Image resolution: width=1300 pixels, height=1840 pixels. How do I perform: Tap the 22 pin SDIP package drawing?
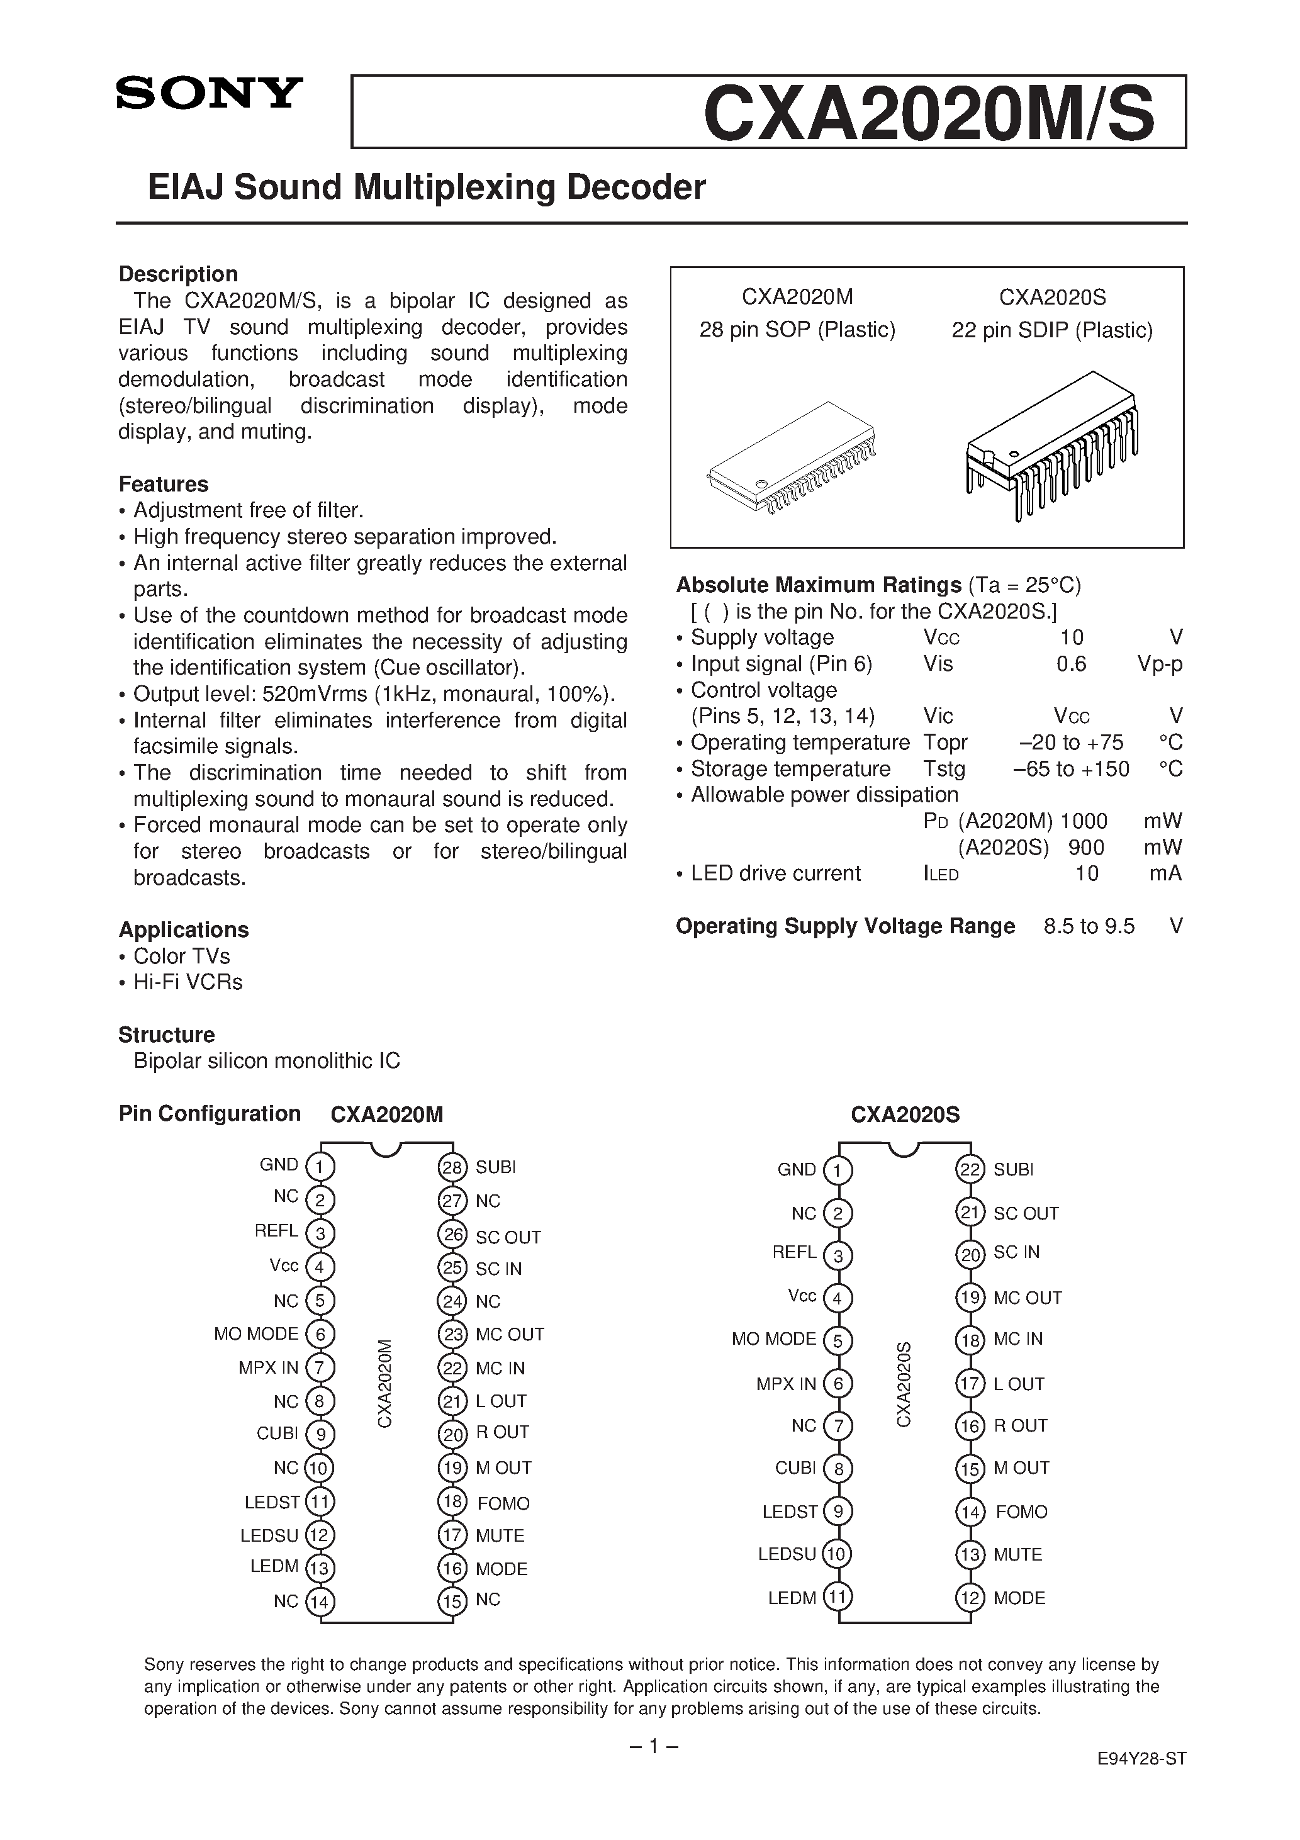pos(1051,444)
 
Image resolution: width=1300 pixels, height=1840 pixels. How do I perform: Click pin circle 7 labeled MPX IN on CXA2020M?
pos(320,1368)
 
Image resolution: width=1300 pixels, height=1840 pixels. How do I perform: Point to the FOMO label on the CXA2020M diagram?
pos(503,1503)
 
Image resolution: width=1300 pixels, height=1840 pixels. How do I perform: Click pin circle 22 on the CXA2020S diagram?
pos(970,1169)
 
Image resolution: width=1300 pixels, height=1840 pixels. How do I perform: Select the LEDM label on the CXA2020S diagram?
pos(792,1598)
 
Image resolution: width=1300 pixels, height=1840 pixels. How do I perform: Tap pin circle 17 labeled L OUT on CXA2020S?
pos(970,1384)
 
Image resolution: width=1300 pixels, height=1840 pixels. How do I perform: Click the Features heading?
pos(164,484)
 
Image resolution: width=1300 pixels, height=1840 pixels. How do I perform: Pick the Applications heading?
pos(184,929)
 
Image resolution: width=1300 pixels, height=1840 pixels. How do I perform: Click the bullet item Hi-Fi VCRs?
pos(188,982)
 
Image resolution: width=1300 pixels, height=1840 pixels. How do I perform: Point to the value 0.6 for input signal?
pos(1071,663)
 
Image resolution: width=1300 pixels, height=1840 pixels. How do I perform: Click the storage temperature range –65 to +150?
pos(1071,768)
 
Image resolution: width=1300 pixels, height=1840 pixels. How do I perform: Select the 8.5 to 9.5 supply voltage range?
pos(1089,926)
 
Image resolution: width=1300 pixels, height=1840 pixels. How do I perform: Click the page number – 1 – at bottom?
pos(653,1746)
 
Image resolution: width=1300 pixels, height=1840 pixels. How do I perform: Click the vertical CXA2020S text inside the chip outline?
pos(904,1384)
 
